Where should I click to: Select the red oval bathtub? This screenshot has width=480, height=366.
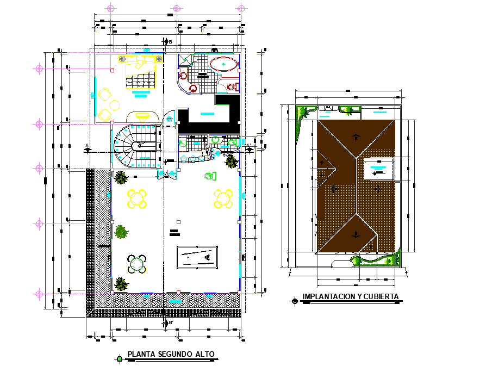click(x=223, y=65)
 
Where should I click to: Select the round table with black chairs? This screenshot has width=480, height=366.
click(x=136, y=265)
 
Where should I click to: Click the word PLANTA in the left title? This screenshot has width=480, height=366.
click(x=141, y=355)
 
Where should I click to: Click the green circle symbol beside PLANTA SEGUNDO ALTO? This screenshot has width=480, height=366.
click(x=119, y=358)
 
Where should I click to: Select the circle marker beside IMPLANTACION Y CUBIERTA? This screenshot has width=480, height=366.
click(x=294, y=300)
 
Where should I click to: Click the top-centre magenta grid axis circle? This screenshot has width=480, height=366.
click(x=176, y=8)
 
